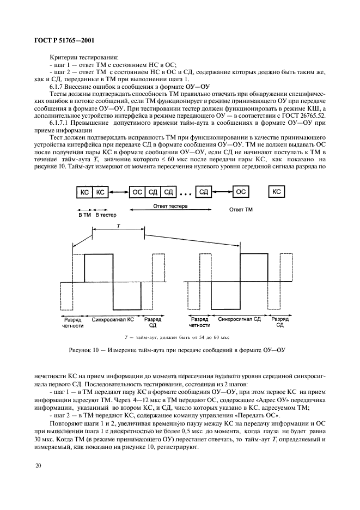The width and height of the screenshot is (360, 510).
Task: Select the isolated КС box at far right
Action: tap(277, 192)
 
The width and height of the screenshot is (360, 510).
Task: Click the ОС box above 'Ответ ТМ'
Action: tap(241, 192)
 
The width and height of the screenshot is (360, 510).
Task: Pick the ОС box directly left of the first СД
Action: tap(138, 192)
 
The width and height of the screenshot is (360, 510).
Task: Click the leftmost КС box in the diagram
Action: tap(84, 192)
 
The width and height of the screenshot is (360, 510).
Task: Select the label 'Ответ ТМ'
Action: tap(241, 209)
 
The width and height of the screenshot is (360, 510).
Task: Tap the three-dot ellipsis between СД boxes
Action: tap(186, 193)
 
